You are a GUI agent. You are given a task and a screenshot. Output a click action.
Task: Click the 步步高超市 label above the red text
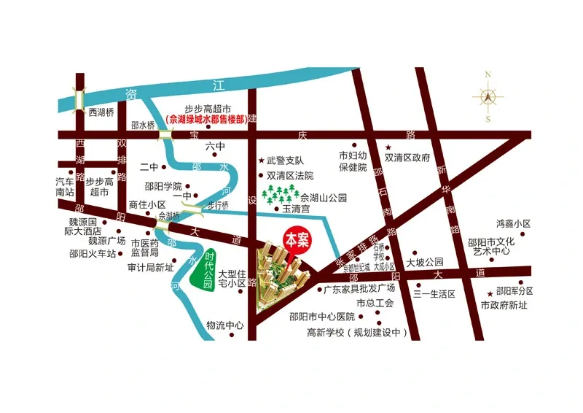tap(207, 107)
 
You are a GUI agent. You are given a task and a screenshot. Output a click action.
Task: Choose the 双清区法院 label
tap(289, 176)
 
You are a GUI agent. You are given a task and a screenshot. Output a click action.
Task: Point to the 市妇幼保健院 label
tap(352, 161)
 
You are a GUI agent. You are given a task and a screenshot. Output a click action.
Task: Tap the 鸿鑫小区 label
tap(513, 224)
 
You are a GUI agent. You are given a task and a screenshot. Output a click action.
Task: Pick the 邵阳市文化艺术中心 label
tap(491, 247)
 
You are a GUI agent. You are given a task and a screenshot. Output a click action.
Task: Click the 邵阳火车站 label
tap(93, 254)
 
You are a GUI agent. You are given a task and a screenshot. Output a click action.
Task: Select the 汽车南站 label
tap(65, 188)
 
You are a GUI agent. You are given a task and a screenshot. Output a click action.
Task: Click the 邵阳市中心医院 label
tap(321, 317)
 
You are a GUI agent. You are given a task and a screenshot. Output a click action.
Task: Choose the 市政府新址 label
tap(504, 305)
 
